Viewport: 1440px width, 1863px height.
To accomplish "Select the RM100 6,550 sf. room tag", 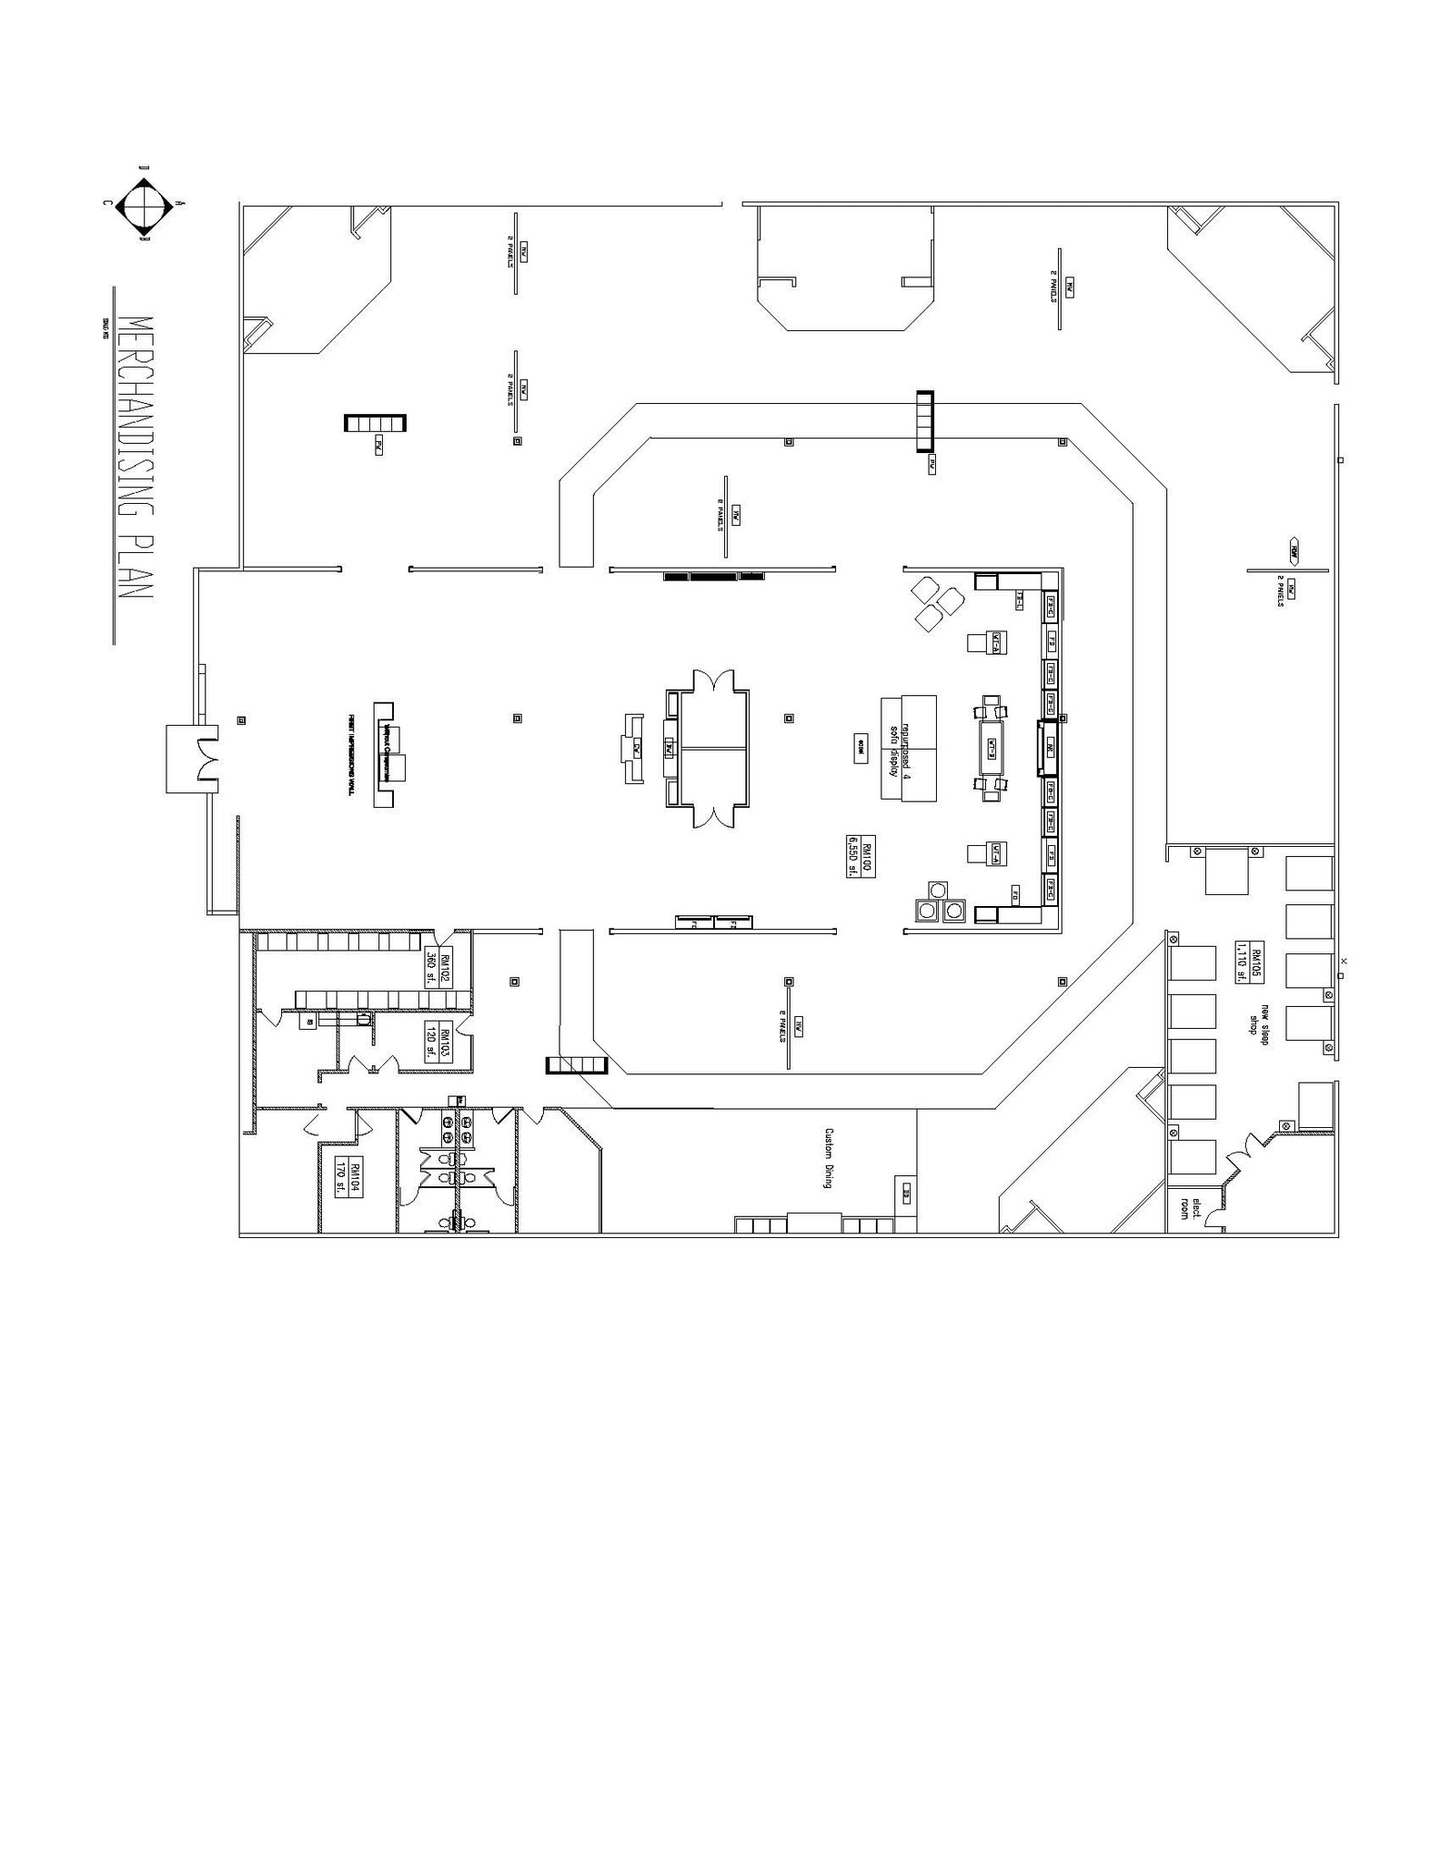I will pos(860,855).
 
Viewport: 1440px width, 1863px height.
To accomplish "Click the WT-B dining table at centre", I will pos(992,747).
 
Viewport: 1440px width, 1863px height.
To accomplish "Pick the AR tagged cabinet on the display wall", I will pos(1049,749).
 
